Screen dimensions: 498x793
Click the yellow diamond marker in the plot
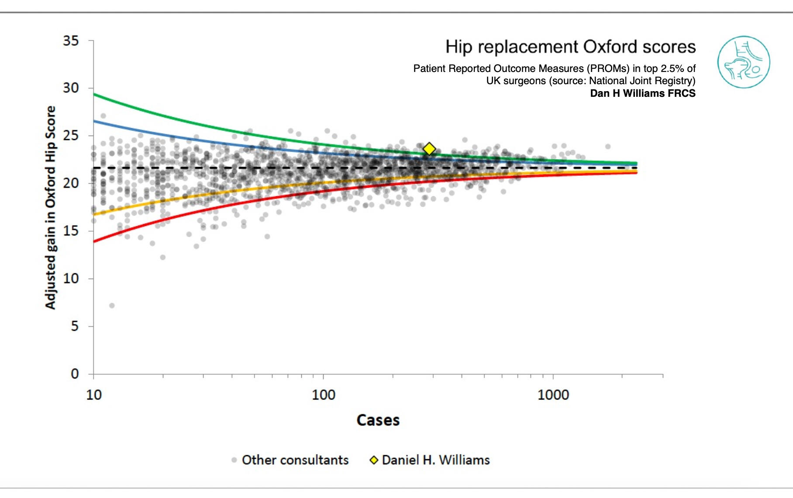coord(429,149)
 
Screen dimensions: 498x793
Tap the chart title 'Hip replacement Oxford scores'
coord(570,47)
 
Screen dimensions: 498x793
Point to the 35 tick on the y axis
coord(71,41)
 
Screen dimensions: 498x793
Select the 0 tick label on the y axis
coord(75,374)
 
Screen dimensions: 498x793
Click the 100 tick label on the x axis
coord(323,395)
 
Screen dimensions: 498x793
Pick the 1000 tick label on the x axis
coord(553,395)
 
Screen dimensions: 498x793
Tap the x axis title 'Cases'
coord(378,420)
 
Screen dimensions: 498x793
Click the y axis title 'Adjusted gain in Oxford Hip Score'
coord(51,208)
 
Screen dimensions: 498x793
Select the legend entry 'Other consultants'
coord(295,460)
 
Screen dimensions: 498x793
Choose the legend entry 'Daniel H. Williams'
coord(435,460)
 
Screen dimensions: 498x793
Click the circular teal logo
coord(743,62)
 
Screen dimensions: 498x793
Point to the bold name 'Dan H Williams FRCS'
coord(642,93)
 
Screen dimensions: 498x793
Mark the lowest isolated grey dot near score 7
coord(112,306)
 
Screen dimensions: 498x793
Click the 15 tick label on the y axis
coord(71,231)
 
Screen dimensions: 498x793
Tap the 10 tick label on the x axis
coord(94,395)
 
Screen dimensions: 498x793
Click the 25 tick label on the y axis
coord(71,136)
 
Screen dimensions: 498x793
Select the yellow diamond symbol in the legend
coord(374,460)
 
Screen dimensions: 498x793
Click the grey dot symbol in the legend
coord(234,460)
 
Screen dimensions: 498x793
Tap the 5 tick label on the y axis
coord(75,326)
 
